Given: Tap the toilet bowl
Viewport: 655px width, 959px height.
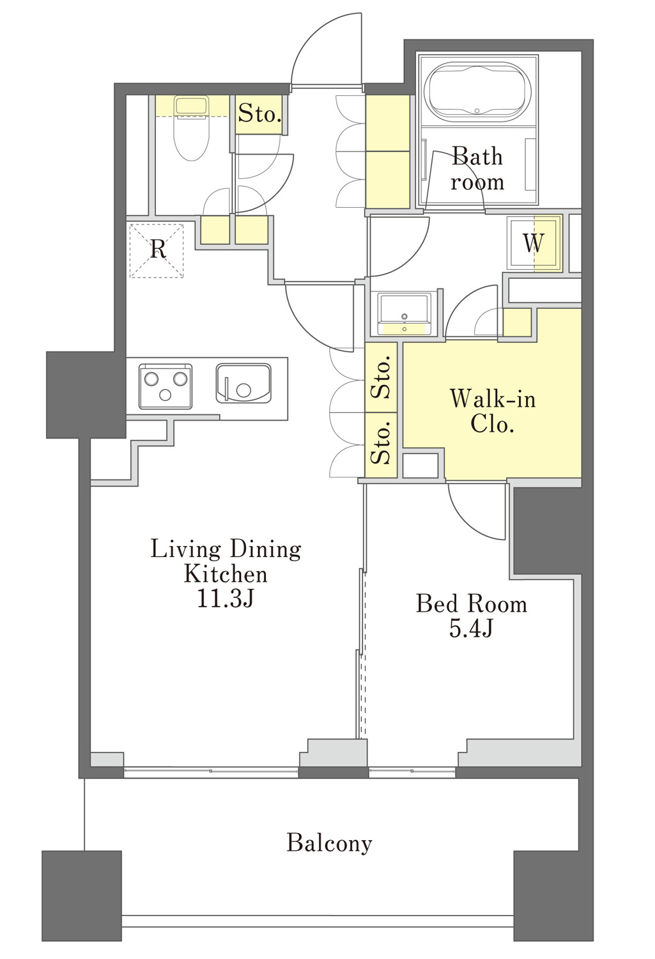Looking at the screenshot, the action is pos(192,137).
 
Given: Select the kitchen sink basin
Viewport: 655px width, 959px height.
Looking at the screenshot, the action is pos(243,383).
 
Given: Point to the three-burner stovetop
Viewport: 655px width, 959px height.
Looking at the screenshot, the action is pos(165,386).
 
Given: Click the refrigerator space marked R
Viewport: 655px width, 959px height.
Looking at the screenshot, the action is pos(157,251).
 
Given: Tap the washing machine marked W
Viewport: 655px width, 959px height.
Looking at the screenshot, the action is pos(534,243).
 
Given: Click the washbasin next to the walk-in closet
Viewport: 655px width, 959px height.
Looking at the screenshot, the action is pos(405,314).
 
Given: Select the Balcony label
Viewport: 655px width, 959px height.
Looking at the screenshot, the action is pos(329,843).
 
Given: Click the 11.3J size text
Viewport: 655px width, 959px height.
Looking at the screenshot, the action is pos(225,598).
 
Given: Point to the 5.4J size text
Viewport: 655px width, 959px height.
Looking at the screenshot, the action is pos(471,628).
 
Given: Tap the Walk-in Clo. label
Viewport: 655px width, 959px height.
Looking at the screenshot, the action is pos(493,411).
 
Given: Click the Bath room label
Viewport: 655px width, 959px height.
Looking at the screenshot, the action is pos(477,169).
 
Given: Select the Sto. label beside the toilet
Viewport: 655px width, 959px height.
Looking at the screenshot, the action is pos(259,114).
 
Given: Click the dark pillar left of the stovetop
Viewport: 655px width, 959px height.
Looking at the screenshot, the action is pos(86,394).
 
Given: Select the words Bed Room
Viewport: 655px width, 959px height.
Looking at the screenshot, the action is pos(472,604).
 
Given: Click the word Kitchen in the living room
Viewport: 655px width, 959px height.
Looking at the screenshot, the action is pos(226,573).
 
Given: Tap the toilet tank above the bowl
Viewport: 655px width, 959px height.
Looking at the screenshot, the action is pos(191,105).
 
